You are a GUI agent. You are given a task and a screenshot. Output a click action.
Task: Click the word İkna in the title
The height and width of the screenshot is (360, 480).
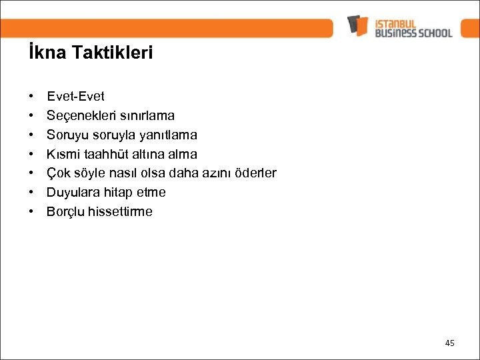tap(43, 53)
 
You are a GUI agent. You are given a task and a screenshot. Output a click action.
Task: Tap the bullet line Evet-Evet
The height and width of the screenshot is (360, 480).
tap(75, 96)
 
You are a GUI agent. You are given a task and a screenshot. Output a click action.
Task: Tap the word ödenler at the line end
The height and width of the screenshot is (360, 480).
tap(253, 173)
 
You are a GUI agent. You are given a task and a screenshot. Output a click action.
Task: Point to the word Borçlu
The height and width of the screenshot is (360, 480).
tap(65, 212)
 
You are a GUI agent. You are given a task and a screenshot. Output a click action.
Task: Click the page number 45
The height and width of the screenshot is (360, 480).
tap(449, 343)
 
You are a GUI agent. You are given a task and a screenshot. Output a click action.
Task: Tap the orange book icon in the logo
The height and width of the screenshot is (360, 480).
tap(357, 25)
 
